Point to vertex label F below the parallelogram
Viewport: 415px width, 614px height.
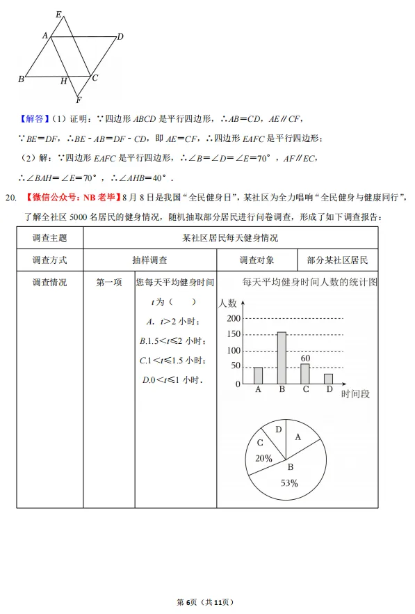(x=79, y=100)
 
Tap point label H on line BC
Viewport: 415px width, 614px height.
(x=63, y=81)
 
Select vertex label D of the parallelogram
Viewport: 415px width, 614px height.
(x=120, y=37)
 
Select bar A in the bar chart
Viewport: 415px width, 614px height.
(x=258, y=375)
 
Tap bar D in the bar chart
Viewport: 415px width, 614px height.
(x=328, y=379)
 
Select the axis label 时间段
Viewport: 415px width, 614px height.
(x=356, y=394)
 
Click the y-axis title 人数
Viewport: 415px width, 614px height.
(x=227, y=303)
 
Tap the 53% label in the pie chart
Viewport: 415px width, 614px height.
(x=289, y=482)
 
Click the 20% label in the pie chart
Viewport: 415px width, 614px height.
(x=263, y=459)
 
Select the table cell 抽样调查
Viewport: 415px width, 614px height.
(x=149, y=260)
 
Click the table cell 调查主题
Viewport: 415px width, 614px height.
(x=50, y=237)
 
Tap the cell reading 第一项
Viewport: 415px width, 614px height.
(x=109, y=283)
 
